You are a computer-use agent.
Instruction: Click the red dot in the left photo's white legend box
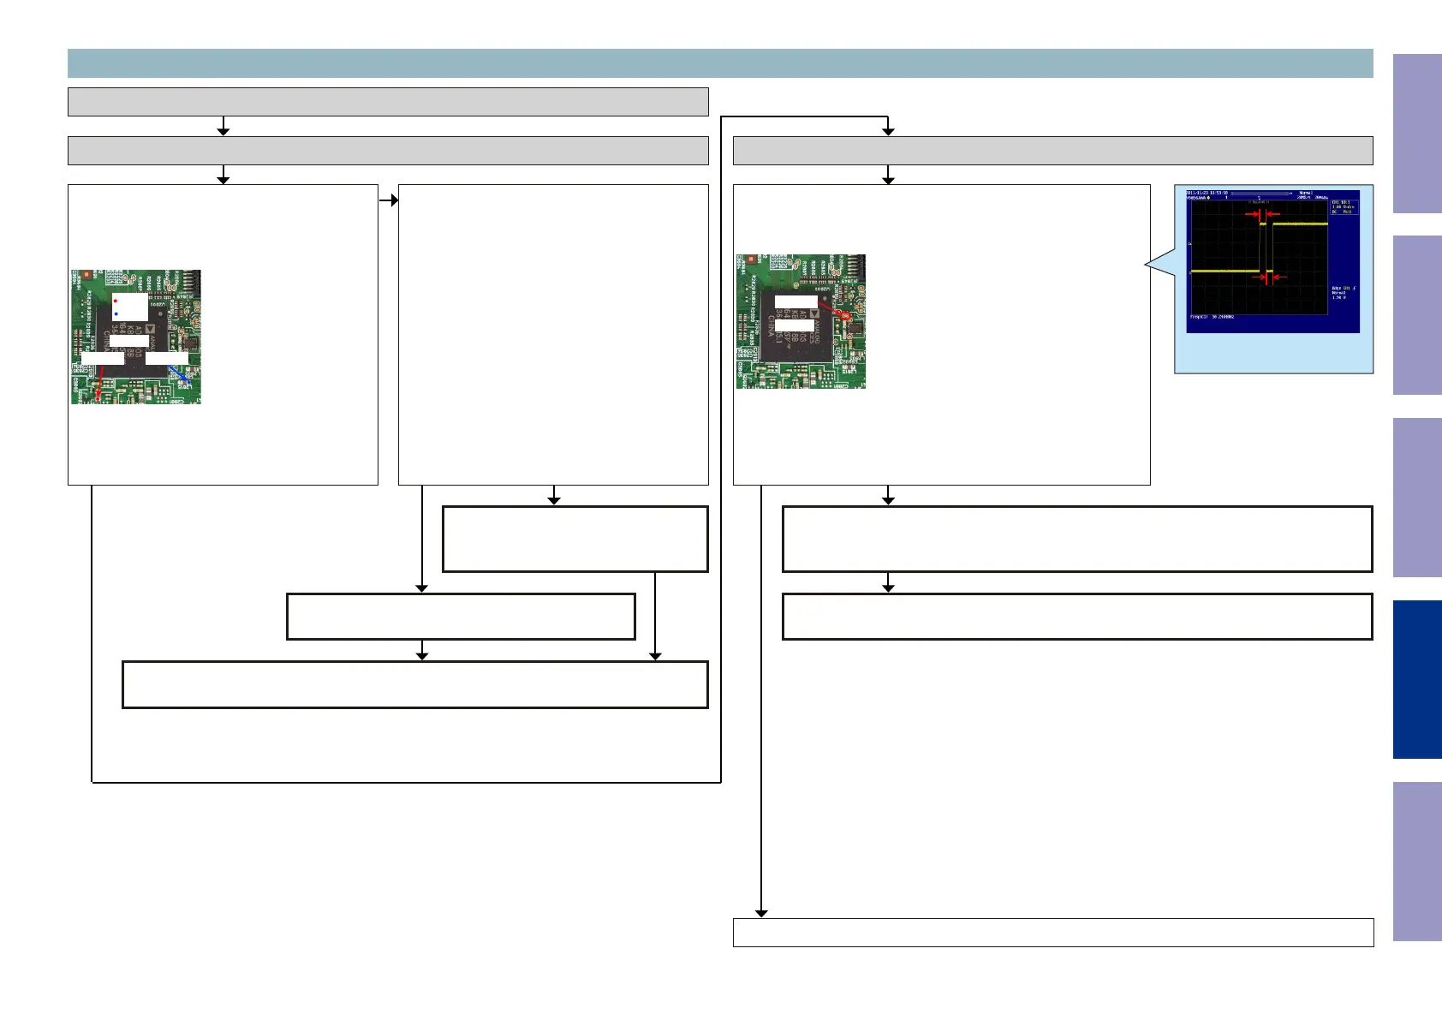pos(116,301)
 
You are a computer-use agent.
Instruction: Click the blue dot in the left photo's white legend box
pos(116,314)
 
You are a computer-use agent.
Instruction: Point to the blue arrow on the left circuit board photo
pos(181,373)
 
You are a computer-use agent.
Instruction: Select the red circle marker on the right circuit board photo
pos(846,316)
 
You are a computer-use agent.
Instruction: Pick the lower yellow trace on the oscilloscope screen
pos(1225,271)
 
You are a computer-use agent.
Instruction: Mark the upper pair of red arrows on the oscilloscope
pos(1263,214)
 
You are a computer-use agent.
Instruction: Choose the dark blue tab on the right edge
pos(1417,679)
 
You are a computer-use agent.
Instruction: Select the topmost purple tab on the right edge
pos(1417,134)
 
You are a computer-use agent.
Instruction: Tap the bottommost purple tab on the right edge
pos(1417,861)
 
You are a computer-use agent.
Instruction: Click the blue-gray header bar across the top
pos(720,63)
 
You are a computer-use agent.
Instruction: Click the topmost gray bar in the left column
pos(388,101)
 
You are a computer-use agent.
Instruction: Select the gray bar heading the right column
pos(1053,151)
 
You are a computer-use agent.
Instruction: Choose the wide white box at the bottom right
pos(1053,932)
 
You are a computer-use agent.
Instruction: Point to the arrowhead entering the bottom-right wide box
pos(761,914)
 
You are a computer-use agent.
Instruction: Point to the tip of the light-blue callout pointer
pos(1146,266)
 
